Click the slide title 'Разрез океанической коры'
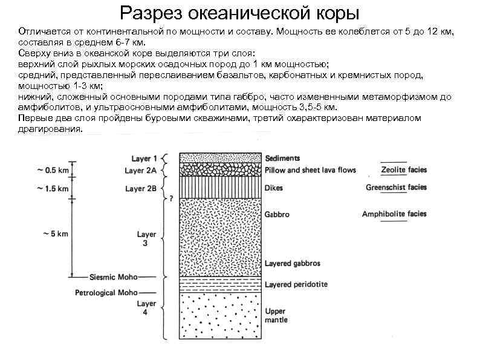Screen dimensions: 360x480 [x=239, y=12]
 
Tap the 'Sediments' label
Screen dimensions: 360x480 [x=283, y=159]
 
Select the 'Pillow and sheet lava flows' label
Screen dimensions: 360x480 [x=310, y=170]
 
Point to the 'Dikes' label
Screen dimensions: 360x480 [x=274, y=188]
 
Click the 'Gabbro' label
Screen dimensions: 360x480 [x=277, y=214]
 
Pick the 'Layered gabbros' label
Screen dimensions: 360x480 [x=293, y=264]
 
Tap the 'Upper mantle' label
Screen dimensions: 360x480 [x=276, y=315]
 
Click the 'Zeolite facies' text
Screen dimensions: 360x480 [x=404, y=169]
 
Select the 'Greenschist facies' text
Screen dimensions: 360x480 [x=396, y=187]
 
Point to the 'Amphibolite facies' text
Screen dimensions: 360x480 [x=394, y=214]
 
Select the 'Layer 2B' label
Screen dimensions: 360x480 [x=141, y=189]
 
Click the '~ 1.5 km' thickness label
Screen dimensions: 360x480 [x=51, y=189]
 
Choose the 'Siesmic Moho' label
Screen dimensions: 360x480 [x=113, y=277]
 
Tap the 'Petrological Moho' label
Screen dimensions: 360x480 [x=106, y=293]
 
